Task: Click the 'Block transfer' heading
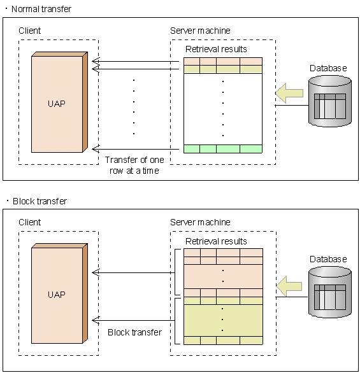(40, 201)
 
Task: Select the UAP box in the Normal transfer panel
(57, 102)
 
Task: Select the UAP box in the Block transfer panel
(57, 295)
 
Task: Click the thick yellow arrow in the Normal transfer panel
(289, 94)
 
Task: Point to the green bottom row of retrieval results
(222, 149)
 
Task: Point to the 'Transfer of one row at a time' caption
(134, 165)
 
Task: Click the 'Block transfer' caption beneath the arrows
(134, 332)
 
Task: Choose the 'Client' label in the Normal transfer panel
(30, 31)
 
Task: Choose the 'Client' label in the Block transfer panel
(30, 222)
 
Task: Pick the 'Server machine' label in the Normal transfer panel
(200, 31)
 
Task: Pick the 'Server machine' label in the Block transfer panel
(200, 222)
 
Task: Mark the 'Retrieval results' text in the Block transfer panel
(216, 241)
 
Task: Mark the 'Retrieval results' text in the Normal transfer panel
(216, 49)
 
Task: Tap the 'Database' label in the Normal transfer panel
(328, 68)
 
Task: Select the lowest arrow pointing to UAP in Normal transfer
(137, 149)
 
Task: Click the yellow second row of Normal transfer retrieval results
(222, 69)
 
